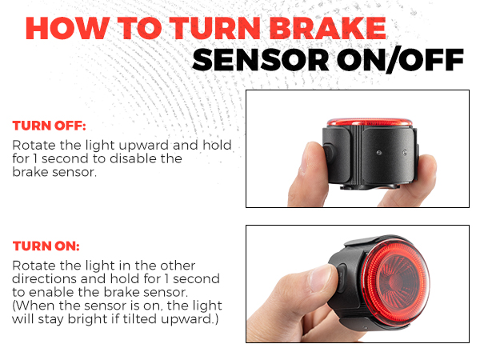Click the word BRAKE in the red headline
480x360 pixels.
coord(327,28)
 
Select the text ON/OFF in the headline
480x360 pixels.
coord(401,60)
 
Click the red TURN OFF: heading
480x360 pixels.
coord(49,126)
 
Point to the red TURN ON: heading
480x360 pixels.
coord(46,246)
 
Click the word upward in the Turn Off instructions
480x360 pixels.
coord(144,146)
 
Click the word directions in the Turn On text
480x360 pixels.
coord(44,278)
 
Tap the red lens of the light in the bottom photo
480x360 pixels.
coord(397,282)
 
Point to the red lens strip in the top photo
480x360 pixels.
coord(370,122)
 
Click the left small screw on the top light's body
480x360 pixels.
coord(379,152)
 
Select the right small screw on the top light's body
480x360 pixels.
coord(405,151)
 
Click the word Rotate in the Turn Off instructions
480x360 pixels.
coord(34,146)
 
